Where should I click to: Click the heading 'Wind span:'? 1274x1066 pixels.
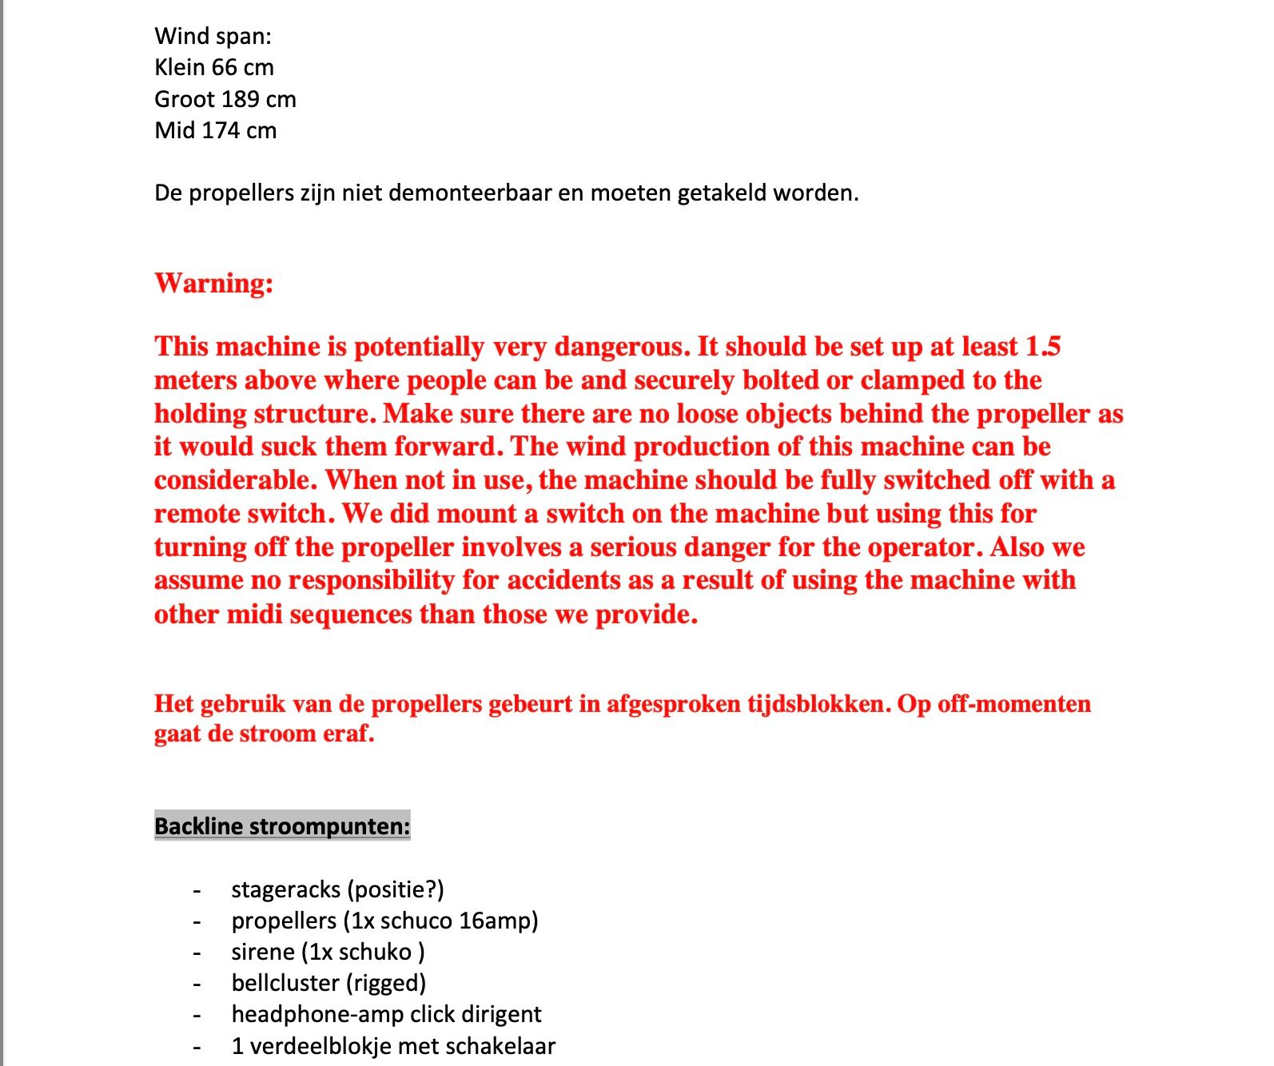point(213,36)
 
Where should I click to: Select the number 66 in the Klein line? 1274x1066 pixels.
point(224,67)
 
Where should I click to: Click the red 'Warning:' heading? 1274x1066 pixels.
point(213,283)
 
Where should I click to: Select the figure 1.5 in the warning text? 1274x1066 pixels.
point(1043,346)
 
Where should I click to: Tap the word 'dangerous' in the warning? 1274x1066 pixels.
point(620,346)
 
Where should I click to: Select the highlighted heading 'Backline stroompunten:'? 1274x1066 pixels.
point(282,825)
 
